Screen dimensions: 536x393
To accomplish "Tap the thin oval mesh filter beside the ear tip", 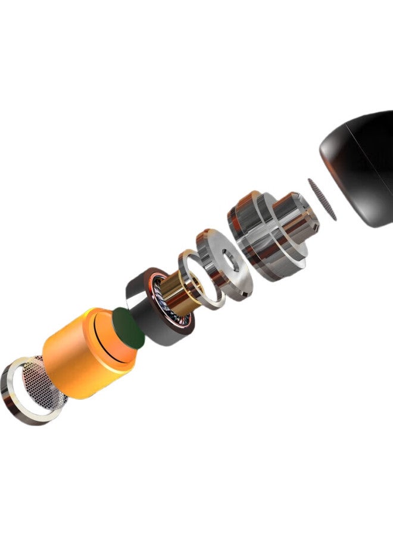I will pos(322,198).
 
